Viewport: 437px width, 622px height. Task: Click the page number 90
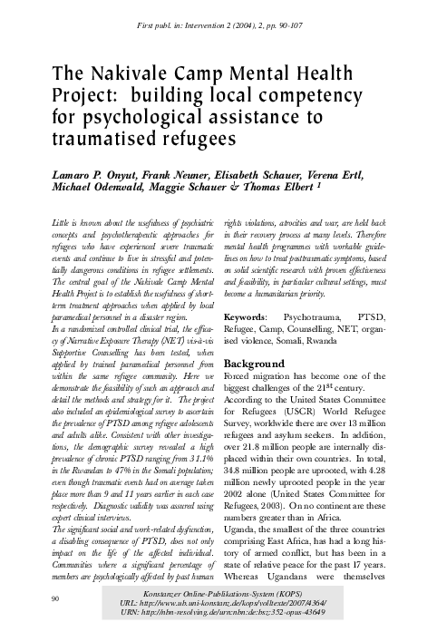(x=56, y=598)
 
